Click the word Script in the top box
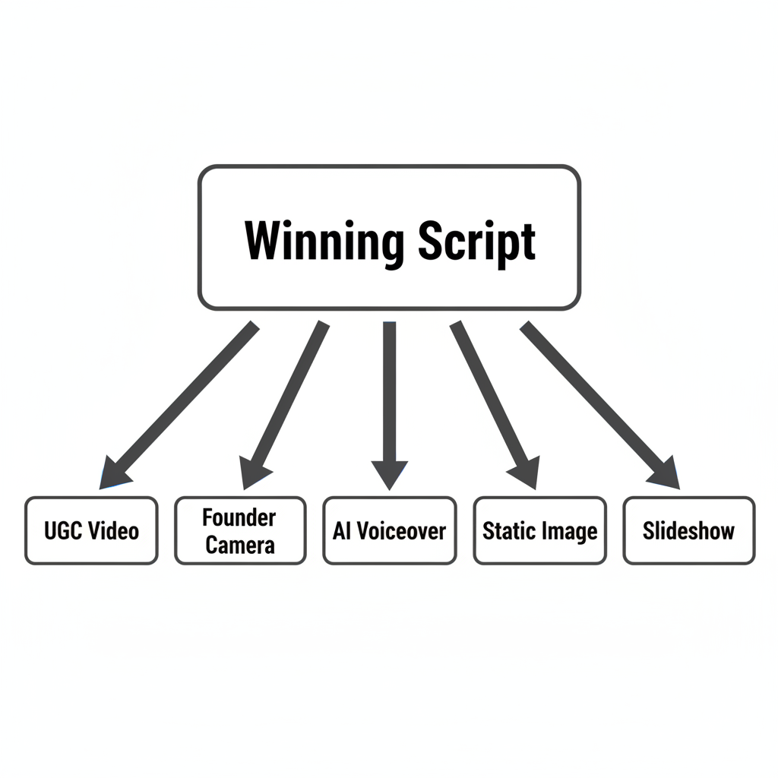click(x=476, y=242)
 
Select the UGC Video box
click(x=91, y=530)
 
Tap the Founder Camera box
click(x=240, y=530)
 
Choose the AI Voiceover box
click(x=390, y=530)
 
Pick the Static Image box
click(x=539, y=530)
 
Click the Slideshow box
click(x=689, y=530)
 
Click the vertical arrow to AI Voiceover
click(x=390, y=395)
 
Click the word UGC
click(x=59, y=530)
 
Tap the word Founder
click(x=239, y=518)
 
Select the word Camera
click(x=240, y=545)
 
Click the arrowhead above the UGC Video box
click(x=114, y=474)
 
